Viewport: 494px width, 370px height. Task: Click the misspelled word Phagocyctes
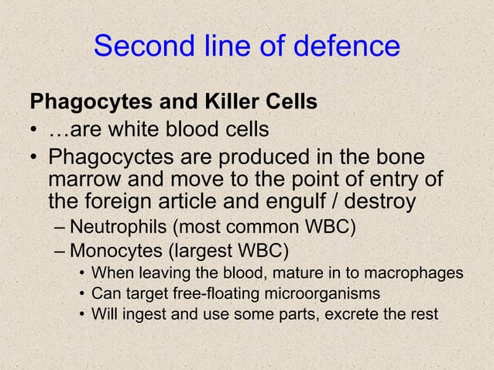(107, 159)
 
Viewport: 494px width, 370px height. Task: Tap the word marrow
(87, 181)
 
